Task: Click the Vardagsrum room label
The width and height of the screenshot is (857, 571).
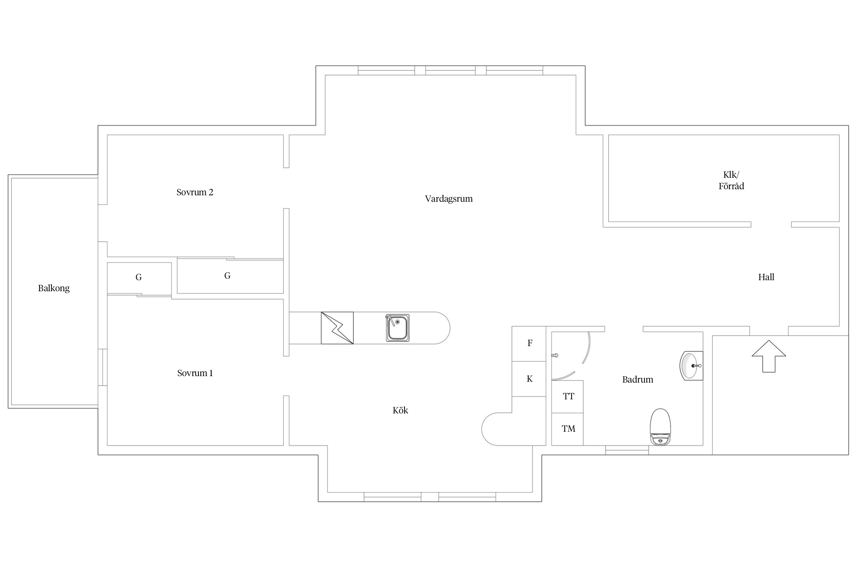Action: [449, 199]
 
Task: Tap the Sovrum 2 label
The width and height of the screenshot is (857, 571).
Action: [195, 192]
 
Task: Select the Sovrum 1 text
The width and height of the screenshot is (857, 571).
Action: [195, 373]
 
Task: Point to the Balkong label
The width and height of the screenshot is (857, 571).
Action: [54, 289]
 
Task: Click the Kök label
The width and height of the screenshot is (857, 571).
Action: [400, 410]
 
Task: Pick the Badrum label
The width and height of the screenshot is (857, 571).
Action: [638, 380]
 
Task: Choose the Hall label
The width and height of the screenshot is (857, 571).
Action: [766, 277]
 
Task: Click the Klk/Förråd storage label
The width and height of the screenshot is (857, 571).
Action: [731, 180]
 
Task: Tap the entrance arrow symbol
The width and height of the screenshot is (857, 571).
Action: [769, 356]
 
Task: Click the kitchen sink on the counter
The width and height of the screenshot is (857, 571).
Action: [398, 328]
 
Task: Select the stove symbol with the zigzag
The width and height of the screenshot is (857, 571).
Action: [337, 328]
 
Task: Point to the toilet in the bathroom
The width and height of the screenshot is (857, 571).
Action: [660, 427]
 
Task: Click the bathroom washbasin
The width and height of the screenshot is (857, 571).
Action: [691, 366]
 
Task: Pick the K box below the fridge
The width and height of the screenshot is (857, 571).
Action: [529, 379]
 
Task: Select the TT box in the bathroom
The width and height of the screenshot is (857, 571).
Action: [568, 397]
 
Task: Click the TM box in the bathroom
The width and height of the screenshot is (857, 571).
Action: [568, 429]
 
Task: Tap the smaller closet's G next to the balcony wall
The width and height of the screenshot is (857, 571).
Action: [139, 278]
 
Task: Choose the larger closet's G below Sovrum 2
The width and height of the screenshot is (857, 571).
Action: [227, 276]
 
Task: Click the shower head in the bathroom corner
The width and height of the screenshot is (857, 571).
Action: [555, 356]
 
